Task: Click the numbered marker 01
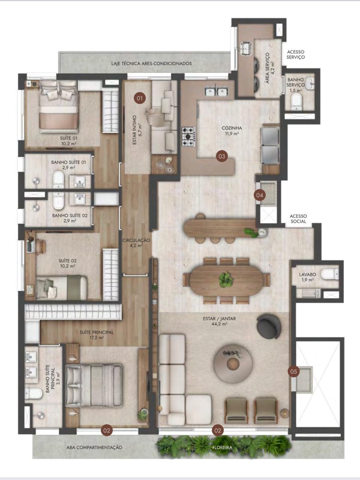[x=140, y=98]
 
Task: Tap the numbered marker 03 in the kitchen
[x=222, y=156]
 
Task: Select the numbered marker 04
[x=260, y=195]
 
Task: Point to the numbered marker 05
[x=294, y=371]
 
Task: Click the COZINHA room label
[x=232, y=128]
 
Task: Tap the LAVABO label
[x=308, y=274]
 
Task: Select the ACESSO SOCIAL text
[x=298, y=219]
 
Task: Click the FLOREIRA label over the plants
[x=222, y=447]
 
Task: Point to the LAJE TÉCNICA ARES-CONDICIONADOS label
[x=151, y=64]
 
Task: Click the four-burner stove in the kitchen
[x=188, y=136]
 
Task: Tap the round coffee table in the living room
[x=233, y=364]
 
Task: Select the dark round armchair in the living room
[x=269, y=326]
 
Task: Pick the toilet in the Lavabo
[x=330, y=274]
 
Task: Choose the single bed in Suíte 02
[x=61, y=288]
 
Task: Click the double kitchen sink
[x=216, y=91]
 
